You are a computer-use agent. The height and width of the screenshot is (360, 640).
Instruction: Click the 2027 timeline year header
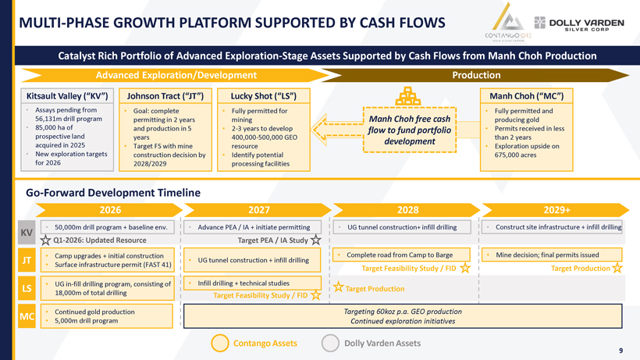click(258, 209)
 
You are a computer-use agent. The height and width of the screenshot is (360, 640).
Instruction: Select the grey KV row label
click(26, 233)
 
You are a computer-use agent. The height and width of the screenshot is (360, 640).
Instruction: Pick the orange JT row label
click(26, 261)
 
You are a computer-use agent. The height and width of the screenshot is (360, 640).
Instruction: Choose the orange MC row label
click(26, 317)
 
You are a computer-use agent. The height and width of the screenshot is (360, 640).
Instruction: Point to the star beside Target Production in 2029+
click(617, 268)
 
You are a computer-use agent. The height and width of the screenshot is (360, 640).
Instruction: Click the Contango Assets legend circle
click(220, 343)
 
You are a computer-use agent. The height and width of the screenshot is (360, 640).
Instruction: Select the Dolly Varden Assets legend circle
click(330, 343)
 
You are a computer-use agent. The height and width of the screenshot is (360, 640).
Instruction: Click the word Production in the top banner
click(476, 75)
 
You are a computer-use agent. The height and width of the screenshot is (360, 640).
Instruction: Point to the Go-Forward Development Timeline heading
click(113, 192)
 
